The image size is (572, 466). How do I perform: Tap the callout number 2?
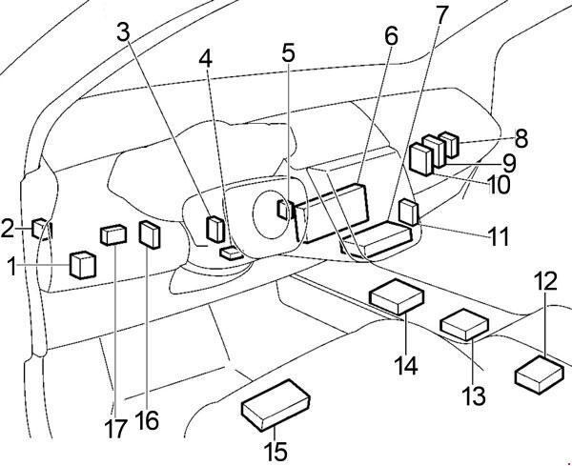[x=8, y=228]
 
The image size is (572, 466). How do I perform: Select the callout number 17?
[x=116, y=428]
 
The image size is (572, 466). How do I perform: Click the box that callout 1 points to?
[x=83, y=264]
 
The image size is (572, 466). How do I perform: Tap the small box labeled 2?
[x=42, y=229]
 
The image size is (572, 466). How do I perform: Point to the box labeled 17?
[x=113, y=233]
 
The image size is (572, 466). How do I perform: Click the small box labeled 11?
[x=409, y=212]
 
